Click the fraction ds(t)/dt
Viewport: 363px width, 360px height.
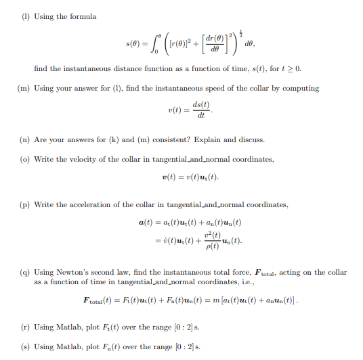(200, 110)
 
